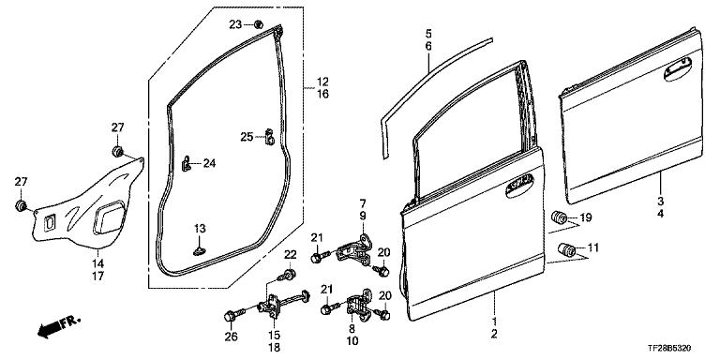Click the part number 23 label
tap(235, 24)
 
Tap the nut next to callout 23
tap(258, 23)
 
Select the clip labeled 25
tap(270, 137)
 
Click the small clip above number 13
tap(200, 250)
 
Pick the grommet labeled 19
tap(559, 217)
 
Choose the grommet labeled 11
tap(567, 250)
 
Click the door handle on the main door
tap(521, 187)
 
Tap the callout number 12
tap(322, 82)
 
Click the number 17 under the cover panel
tap(98, 277)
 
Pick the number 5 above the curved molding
tap(428, 34)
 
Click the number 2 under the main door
tap(494, 335)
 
